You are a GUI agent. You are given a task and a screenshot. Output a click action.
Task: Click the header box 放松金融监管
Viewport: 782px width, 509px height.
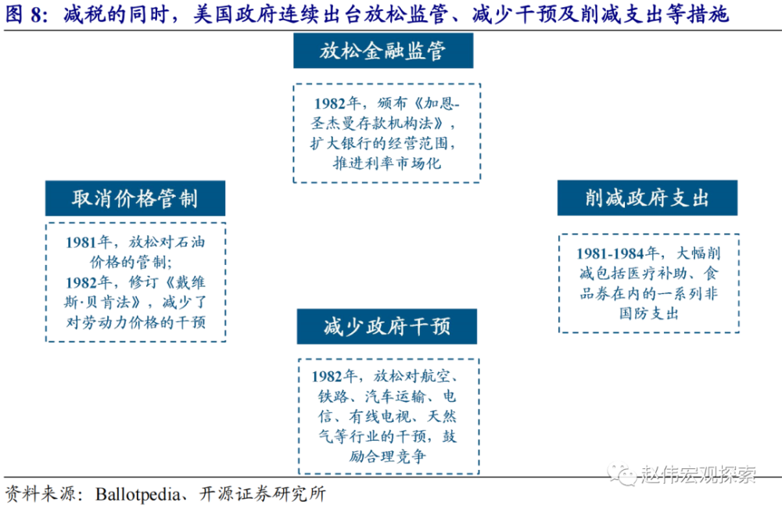pos(383,52)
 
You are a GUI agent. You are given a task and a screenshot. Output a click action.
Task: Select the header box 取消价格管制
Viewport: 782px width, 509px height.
pos(135,199)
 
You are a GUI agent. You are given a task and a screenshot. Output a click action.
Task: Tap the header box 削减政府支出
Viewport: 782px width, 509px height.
pos(647,199)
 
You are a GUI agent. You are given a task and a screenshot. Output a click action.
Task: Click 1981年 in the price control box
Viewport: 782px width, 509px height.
pos(90,242)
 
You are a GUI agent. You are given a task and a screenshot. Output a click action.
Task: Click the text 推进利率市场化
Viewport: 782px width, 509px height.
pos(387,163)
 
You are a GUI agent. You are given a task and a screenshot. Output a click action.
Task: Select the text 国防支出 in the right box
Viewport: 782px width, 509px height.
pos(649,314)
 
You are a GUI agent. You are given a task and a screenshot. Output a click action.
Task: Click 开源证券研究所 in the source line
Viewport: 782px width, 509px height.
pos(273,494)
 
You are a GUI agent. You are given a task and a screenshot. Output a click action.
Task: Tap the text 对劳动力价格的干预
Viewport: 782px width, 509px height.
pos(135,321)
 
